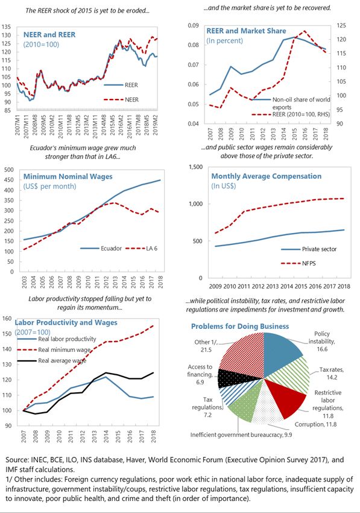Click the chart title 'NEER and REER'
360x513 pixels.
(x=49, y=34)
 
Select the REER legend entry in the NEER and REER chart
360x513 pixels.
(x=121, y=85)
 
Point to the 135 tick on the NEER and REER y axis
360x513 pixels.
(x=7, y=27)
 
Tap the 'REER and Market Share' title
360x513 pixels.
(x=246, y=31)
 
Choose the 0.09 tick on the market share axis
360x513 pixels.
(x=193, y=25)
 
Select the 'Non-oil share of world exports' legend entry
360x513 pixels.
(x=291, y=103)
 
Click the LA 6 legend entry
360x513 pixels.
(x=141, y=248)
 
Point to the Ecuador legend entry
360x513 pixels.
(x=101, y=248)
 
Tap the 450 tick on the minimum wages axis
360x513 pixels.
(x=9, y=180)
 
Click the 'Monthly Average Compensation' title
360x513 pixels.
(x=266, y=176)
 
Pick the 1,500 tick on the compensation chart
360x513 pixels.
(x=196, y=167)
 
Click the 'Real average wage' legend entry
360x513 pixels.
(x=51, y=360)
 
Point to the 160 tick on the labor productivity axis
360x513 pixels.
(x=7, y=318)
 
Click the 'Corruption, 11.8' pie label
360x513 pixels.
(x=315, y=424)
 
